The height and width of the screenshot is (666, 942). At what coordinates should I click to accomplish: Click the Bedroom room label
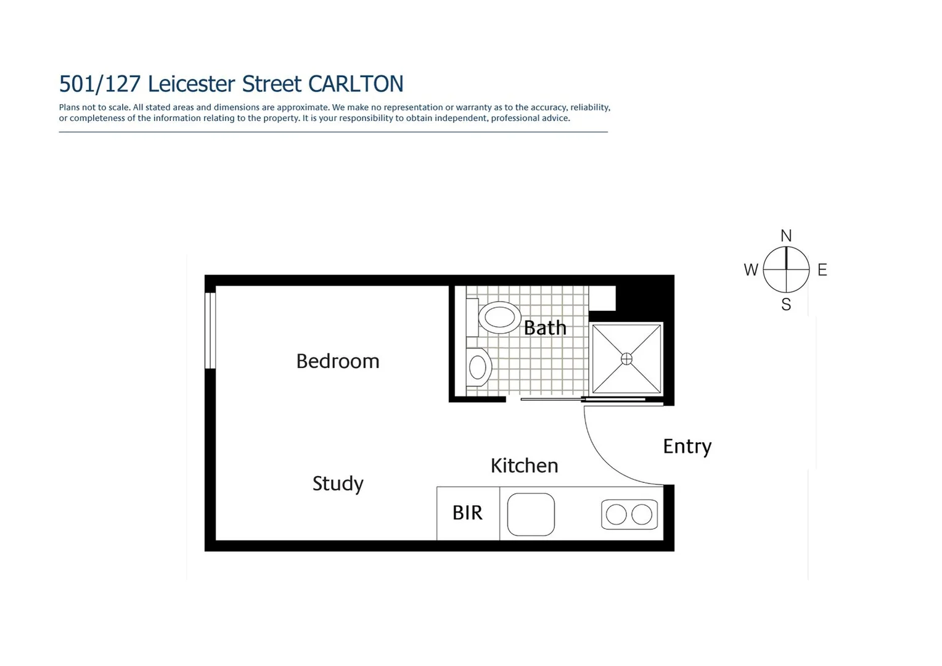point(338,361)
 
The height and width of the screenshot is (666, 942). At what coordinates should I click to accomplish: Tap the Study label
point(338,483)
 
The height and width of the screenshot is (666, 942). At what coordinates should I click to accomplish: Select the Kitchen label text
point(524,466)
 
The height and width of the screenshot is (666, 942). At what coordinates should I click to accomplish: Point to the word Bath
point(545,327)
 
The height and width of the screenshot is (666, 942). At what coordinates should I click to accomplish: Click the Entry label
point(687,446)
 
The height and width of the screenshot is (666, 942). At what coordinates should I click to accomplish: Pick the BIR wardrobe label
point(467,512)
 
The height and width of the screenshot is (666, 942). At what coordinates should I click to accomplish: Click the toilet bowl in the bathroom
point(499,318)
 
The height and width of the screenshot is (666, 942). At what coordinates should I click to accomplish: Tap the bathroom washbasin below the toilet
point(478,368)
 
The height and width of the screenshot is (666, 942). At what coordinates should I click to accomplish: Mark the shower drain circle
point(626,359)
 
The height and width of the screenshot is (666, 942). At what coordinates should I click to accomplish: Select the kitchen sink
point(531,514)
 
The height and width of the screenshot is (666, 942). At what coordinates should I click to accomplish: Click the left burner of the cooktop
point(616,514)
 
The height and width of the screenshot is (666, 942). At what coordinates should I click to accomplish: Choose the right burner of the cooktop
point(642,514)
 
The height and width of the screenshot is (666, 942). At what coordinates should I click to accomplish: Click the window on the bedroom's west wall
point(210,330)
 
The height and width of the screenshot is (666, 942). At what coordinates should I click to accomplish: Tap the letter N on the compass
point(786,236)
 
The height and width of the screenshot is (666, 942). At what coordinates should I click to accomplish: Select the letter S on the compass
point(786,305)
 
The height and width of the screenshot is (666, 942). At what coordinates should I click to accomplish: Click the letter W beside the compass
point(750,270)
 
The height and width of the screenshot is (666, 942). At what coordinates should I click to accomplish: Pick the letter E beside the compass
point(822,270)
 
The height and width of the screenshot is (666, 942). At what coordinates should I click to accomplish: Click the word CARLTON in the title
point(356,84)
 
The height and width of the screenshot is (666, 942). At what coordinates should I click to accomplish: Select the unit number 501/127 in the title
point(100,84)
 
